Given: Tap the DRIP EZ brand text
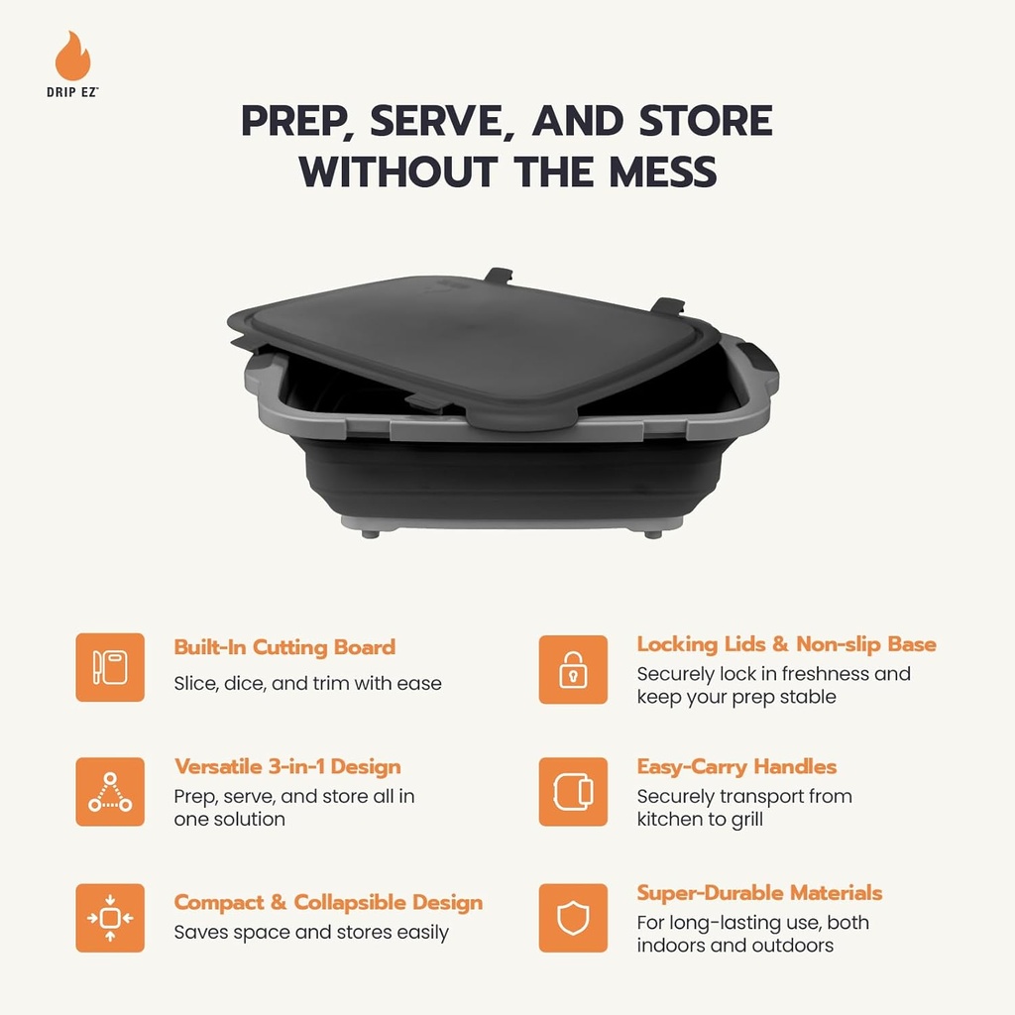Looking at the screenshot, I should tap(73, 90).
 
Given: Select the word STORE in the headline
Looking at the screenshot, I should tap(705, 121).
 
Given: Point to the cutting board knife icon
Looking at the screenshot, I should tap(110, 667).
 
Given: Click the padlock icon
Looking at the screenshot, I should tap(573, 669).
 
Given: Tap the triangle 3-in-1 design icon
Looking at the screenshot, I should tap(110, 792).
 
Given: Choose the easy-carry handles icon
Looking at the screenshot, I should tap(573, 792).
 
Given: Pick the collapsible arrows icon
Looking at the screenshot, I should tap(110, 918).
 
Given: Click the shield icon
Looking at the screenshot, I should tap(573, 918).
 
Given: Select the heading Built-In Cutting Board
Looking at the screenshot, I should tap(284, 647).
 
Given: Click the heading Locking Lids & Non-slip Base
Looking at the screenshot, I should tap(786, 644).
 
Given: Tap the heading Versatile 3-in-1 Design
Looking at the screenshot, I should tap(287, 766).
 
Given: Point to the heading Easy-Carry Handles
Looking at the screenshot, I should tap(736, 766).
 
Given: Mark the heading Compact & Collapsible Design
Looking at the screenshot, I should tap(328, 902).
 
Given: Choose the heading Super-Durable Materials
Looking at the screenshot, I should tap(759, 892).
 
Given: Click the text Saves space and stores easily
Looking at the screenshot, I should tap(311, 933).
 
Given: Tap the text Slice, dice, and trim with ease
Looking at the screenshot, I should tap(307, 683).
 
